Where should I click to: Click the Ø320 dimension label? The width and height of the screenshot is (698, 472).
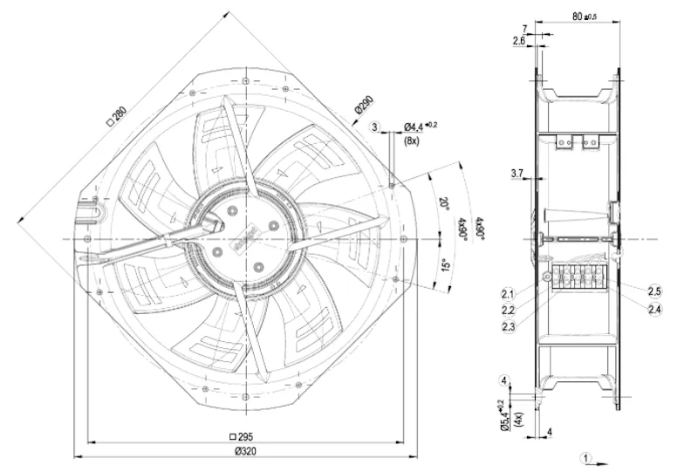click(x=245, y=451)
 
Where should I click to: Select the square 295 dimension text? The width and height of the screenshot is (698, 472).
click(x=241, y=436)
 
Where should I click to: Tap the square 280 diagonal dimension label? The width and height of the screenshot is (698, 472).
click(x=117, y=116)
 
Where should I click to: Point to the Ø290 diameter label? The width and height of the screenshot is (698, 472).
click(x=364, y=105)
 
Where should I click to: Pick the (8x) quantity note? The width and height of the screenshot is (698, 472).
click(x=411, y=141)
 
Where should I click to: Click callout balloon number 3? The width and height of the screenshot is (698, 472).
click(x=375, y=127)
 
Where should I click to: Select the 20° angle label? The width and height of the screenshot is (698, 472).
click(x=444, y=203)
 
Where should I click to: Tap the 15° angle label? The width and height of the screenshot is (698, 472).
click(x=446, y=265)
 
